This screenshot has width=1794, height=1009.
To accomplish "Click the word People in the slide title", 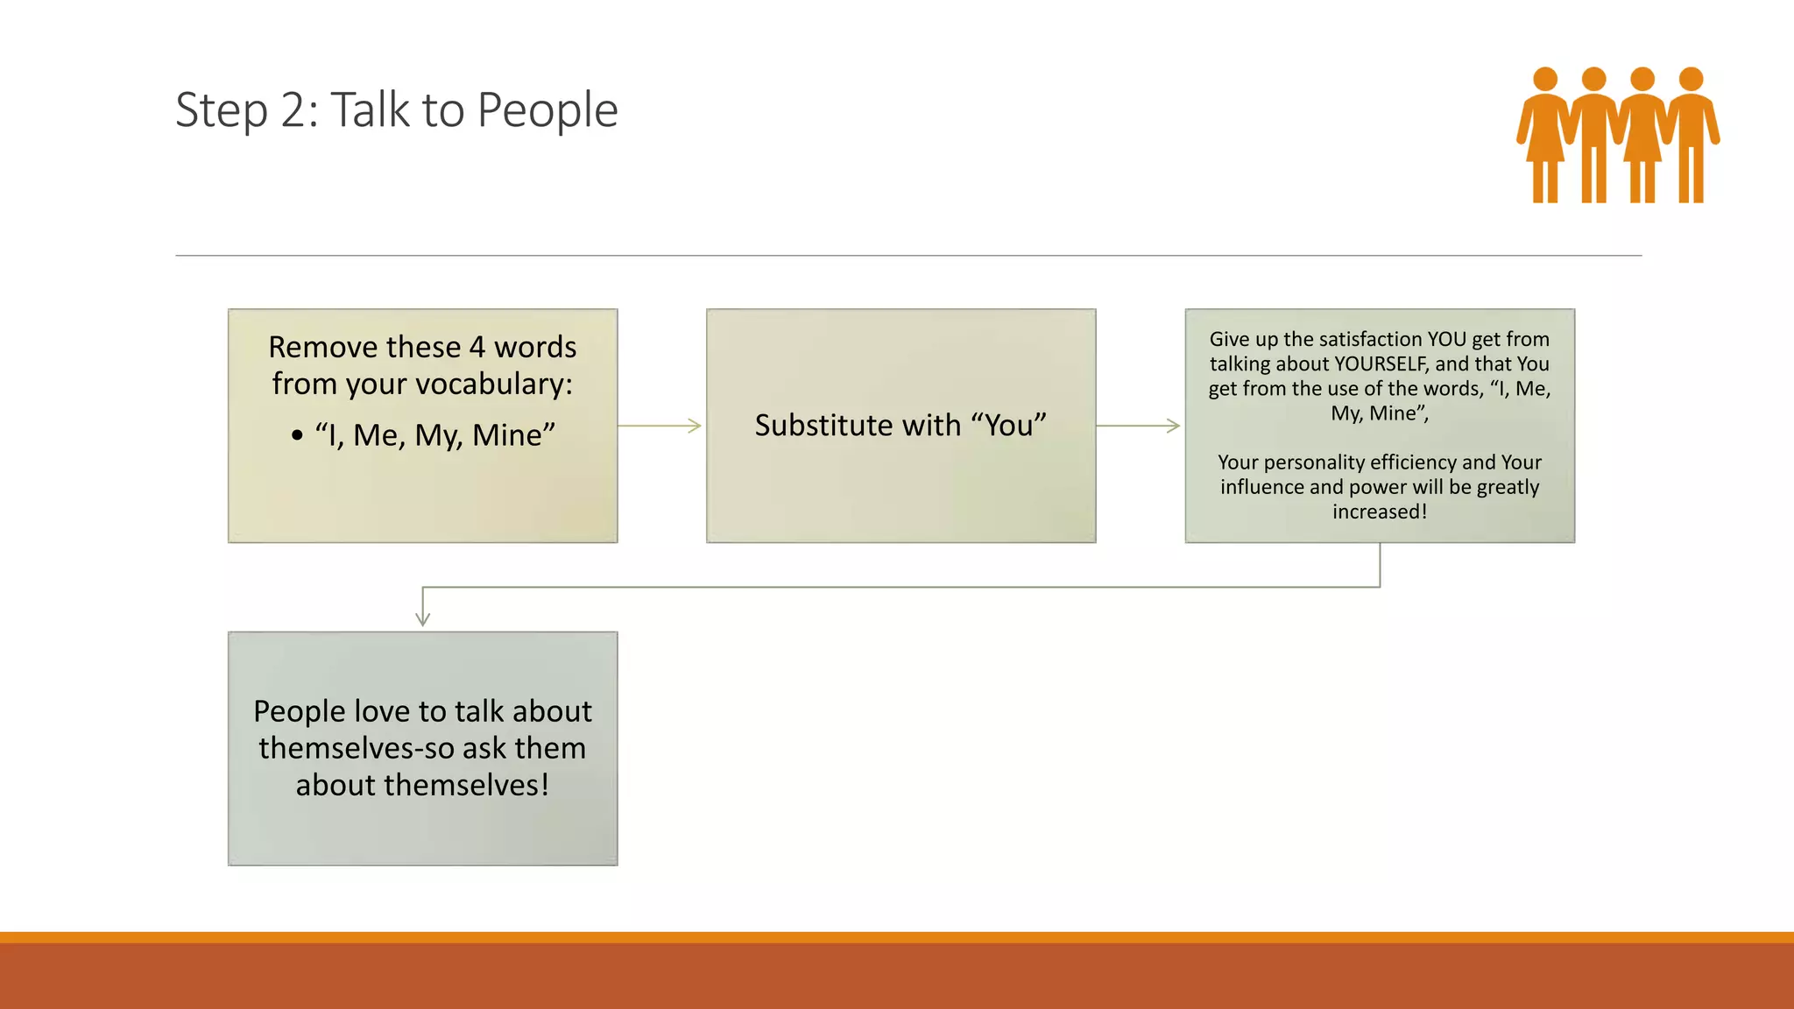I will click(547, 111).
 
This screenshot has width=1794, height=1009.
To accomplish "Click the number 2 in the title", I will click(293, 111).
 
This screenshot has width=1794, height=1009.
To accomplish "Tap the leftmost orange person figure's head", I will click(1545, 79).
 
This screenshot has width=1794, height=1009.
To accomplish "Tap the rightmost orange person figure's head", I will click(1691, 79).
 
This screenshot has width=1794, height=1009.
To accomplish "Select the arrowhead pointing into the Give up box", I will click(1173, 426).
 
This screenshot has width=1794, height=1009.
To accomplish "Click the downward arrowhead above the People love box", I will click(422, 618).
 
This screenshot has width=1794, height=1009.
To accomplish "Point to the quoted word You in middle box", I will click(1009, 426).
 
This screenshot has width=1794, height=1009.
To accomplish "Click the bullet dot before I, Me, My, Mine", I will click(297, 435).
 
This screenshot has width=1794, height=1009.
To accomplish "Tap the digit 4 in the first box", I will click(477, 348).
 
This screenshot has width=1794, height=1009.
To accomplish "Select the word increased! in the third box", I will click(1380, 512).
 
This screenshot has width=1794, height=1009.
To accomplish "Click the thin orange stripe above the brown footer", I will click(897, 937).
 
